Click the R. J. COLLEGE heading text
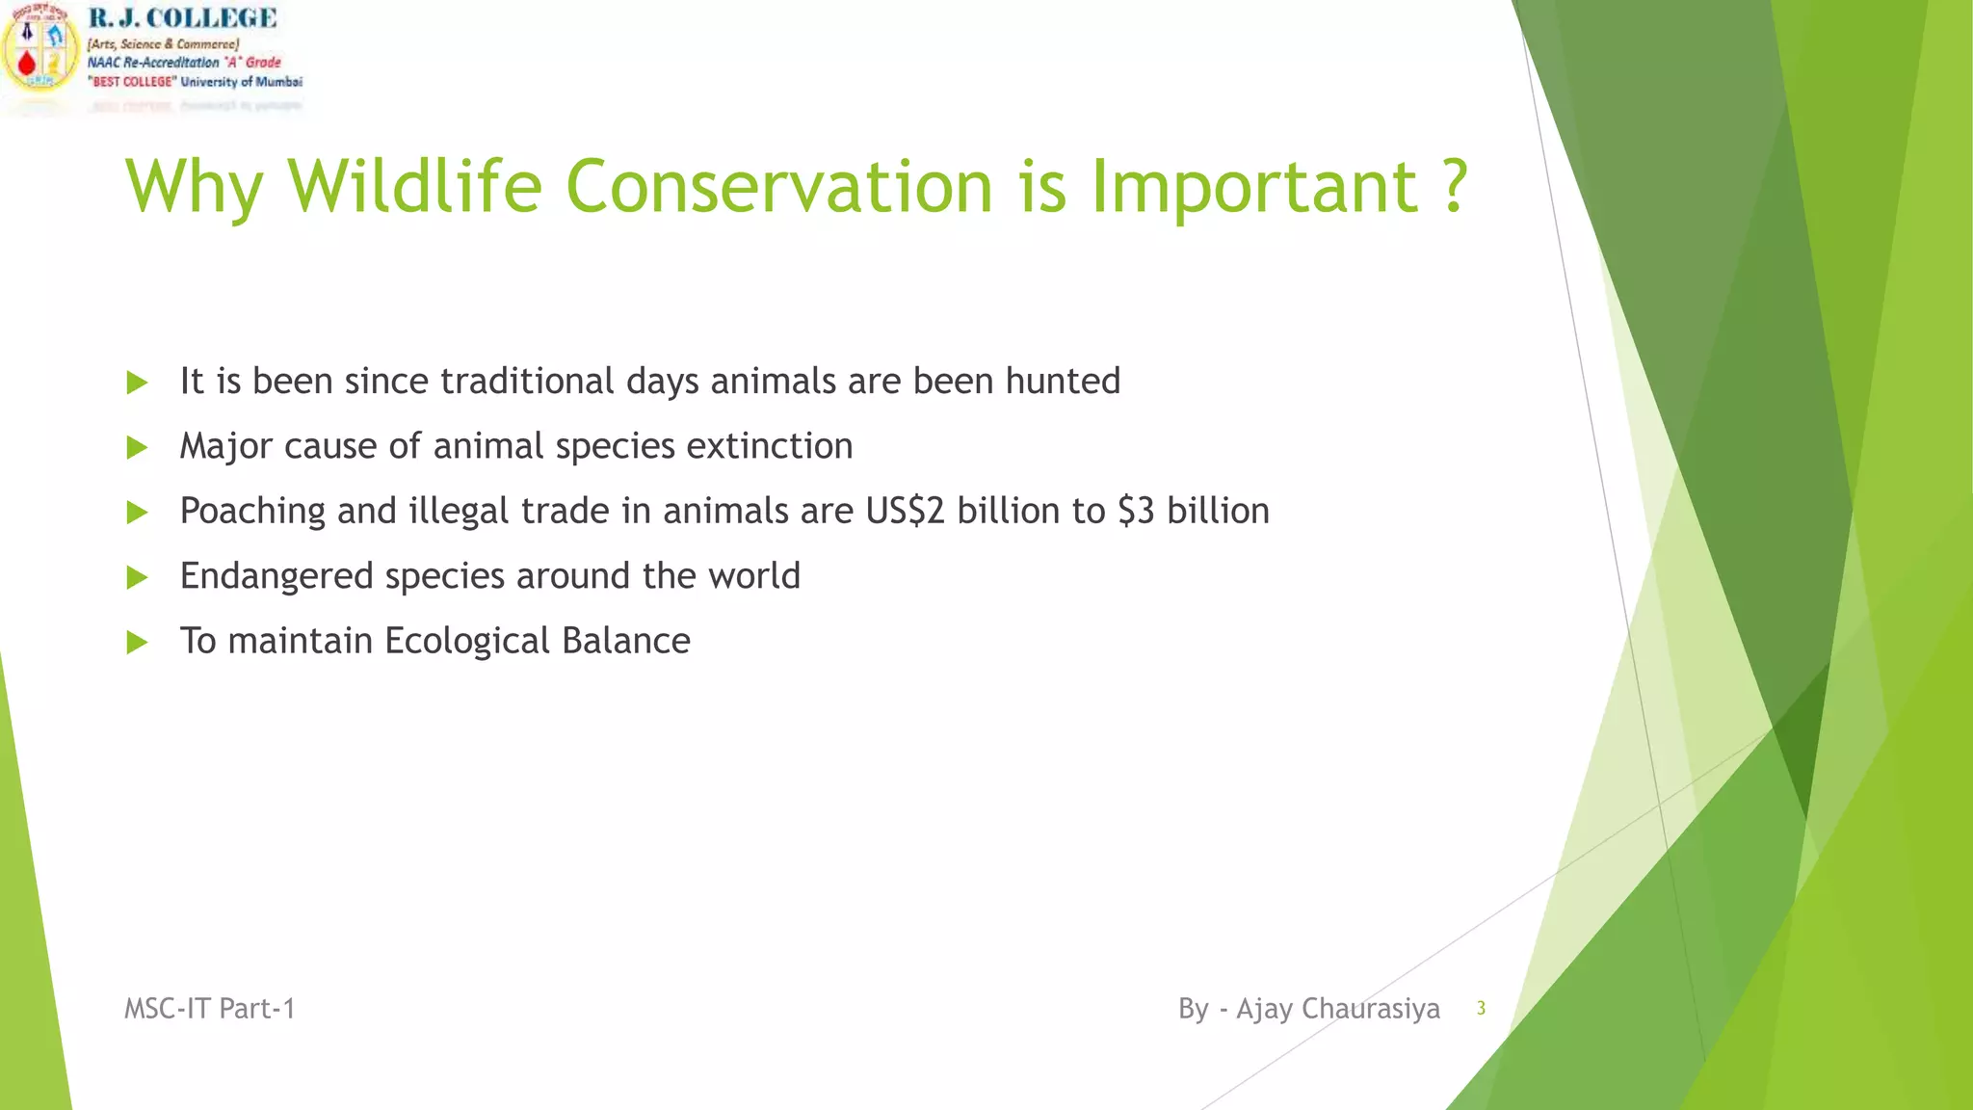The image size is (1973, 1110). pos(182,18)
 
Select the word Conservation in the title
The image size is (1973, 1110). pos(778,185)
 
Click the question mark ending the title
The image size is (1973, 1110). pos(1456,185)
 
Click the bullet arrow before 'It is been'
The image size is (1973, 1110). pos(137,383)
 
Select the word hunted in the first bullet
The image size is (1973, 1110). pos(1063,381)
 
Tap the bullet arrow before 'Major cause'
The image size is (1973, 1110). pos(137,447)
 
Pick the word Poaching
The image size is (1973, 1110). pos(252,511)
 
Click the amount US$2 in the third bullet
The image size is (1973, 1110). pos(905,511)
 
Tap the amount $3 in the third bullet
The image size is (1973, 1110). pos(1136,511)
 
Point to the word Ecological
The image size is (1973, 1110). pos(467,641)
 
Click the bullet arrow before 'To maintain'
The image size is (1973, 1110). pos(137,643)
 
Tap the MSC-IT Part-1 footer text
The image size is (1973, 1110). pos(209,1009)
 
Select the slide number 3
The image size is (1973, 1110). pos(1481,1009)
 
